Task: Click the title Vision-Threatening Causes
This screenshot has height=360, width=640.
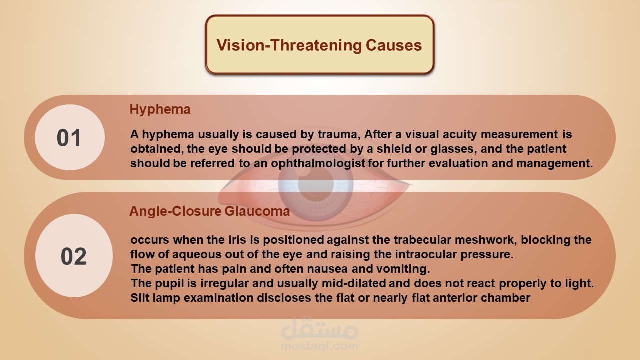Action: point(319,45)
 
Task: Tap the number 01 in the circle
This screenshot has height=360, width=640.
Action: point(69,138)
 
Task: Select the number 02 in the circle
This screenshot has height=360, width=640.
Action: point(73,256)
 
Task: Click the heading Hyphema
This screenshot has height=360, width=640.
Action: point(160,109)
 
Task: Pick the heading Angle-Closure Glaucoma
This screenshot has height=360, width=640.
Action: point(209,211)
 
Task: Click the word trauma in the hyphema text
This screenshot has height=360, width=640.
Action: point(339,134)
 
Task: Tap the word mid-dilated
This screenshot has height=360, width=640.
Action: point(354,283)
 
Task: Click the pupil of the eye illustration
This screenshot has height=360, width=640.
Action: point(315,183)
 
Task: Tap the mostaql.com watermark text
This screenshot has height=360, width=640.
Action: point(319,346)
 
